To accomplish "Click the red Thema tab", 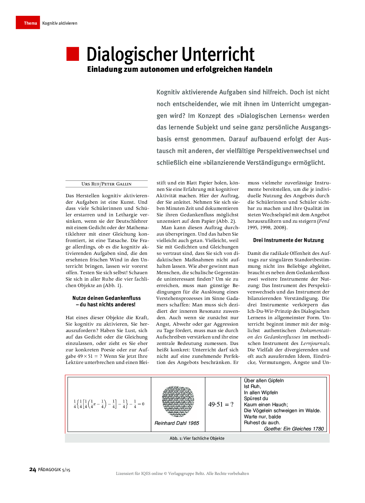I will (28, 23).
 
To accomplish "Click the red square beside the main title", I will (73, 54).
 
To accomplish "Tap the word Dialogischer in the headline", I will (132, 54).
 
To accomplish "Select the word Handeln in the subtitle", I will (258, 69).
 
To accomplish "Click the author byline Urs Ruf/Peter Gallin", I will (107, 184).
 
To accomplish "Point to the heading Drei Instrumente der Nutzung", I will (288, 240).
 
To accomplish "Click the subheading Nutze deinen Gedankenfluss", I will (107, 298).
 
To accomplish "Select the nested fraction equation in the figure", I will (109, 404).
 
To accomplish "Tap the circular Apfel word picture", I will (178, 401).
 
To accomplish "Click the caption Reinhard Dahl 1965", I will (177, 423).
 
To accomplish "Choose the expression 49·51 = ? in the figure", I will (221, 404).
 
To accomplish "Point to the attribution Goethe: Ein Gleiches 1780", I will (294, 429).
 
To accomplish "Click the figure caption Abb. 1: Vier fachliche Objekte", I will (197, 438).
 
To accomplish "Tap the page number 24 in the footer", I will (32, 470).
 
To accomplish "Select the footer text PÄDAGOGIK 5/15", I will (54, 470).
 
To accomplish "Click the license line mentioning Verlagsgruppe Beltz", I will (182, 474).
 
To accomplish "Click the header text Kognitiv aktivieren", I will (60, 23).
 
